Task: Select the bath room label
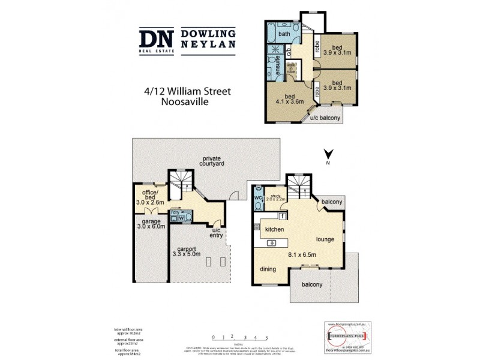point(284,34)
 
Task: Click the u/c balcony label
point(325,118)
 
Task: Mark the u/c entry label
point(215,232)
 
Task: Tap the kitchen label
point(271,229)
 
